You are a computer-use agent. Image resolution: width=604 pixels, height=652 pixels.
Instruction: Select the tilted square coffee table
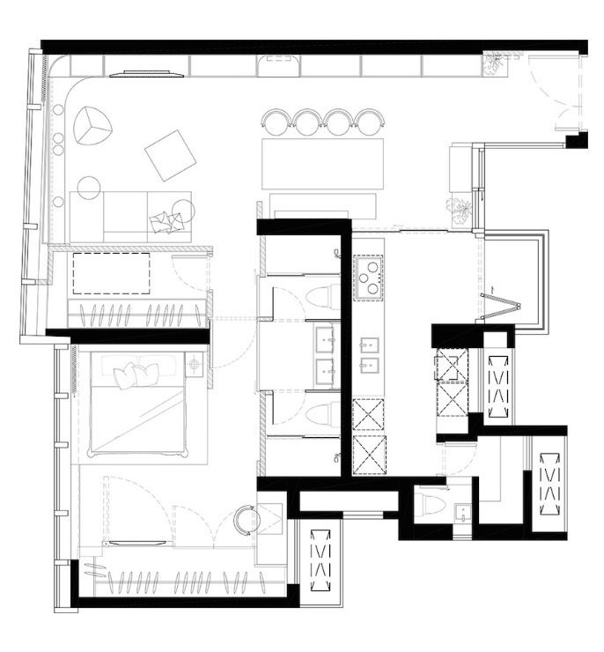click(170, 155)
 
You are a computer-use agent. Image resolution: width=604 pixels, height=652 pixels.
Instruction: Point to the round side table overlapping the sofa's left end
click(89, 188)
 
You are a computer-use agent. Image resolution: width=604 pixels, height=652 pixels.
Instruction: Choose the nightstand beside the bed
click(195, 363)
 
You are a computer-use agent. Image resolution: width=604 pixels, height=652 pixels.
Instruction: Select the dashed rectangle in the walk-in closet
click(111, 273)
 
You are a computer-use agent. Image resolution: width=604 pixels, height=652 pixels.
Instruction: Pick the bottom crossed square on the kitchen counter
click(369, 456)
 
